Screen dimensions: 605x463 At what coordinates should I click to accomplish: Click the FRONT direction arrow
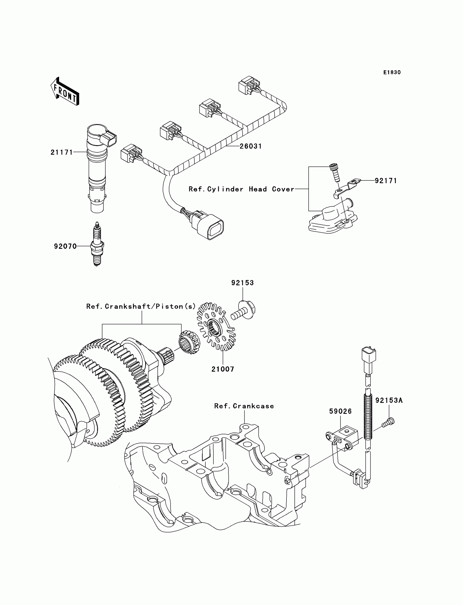pos(65,91)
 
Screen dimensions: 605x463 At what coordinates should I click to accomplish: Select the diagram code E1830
pos(392,72)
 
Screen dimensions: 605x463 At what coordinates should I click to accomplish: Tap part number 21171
pos(62,152)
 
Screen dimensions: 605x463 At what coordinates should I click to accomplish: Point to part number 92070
pos(65,246)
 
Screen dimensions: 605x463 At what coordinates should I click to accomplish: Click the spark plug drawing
pos(97,244)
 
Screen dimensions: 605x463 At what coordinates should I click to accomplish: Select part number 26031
pos(251,146)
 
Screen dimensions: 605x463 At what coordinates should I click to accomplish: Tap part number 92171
pos(386,181)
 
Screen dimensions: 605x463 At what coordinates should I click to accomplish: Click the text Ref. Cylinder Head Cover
pos(241,189)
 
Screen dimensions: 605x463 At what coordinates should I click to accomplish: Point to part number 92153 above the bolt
pos(242,282)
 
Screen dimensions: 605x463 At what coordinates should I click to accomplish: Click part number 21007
pos(223,369)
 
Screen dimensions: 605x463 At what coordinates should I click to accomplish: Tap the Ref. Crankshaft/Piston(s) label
pos(141,306)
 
